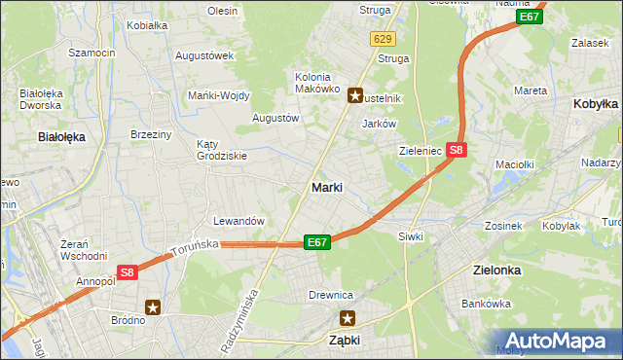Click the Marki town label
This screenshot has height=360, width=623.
tap(325, 187)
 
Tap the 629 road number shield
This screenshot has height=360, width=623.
tap(383, 38)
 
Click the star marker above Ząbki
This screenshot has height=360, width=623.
tap(348, 317)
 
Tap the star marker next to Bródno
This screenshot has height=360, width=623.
tap(153, 307)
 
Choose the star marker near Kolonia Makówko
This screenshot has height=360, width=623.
tap(355, 95)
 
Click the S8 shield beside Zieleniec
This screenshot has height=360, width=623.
tap(458, 150)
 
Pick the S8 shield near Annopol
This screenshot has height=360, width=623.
tap(128, 274)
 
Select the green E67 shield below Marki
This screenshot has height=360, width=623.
tap(316, 241)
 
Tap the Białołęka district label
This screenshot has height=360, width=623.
tap(61, 137)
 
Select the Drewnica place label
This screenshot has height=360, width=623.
tap(330, 295)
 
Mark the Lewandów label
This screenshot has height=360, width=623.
tap(238, 221)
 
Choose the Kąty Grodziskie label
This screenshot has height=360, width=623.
tap(221, 149)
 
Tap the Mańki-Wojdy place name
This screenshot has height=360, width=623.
tap(219, 95)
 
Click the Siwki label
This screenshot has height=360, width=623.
tap(410, 236)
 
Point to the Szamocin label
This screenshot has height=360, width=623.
tap(92, 52)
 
